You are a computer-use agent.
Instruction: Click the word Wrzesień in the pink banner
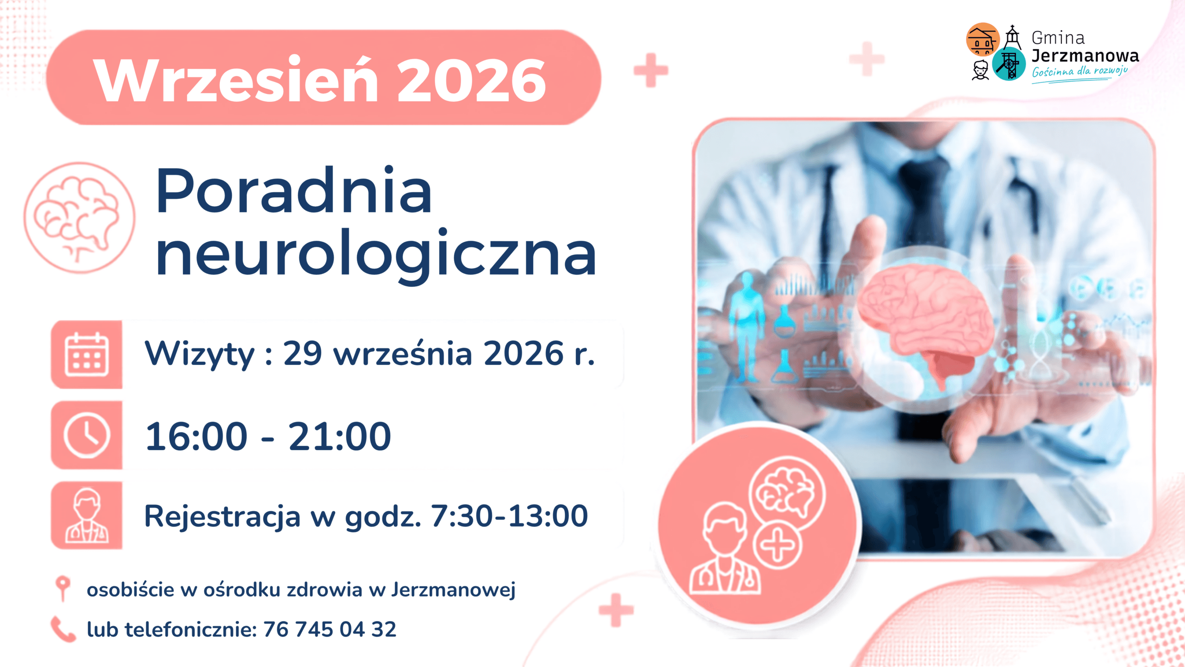point(237,79)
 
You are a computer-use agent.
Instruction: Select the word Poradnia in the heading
point(294,191)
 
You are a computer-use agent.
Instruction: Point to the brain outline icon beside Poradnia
point(80,218)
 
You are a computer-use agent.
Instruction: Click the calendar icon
point(87,354)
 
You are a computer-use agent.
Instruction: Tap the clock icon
point(87,435)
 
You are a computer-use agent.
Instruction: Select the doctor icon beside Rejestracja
point(87,516)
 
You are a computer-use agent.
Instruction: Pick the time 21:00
point(340,436)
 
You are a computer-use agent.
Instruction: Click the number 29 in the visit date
point(302,354)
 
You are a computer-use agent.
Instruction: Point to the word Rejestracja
point(222,516)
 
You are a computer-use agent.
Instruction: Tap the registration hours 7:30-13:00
point(509,516)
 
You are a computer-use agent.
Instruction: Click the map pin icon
point(62,588)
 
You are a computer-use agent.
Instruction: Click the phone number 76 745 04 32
point(330,629)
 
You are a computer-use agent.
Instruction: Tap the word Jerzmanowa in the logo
point(1085,56)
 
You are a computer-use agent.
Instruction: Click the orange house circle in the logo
point(983,40)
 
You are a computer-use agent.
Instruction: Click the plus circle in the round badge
point(777,545)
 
